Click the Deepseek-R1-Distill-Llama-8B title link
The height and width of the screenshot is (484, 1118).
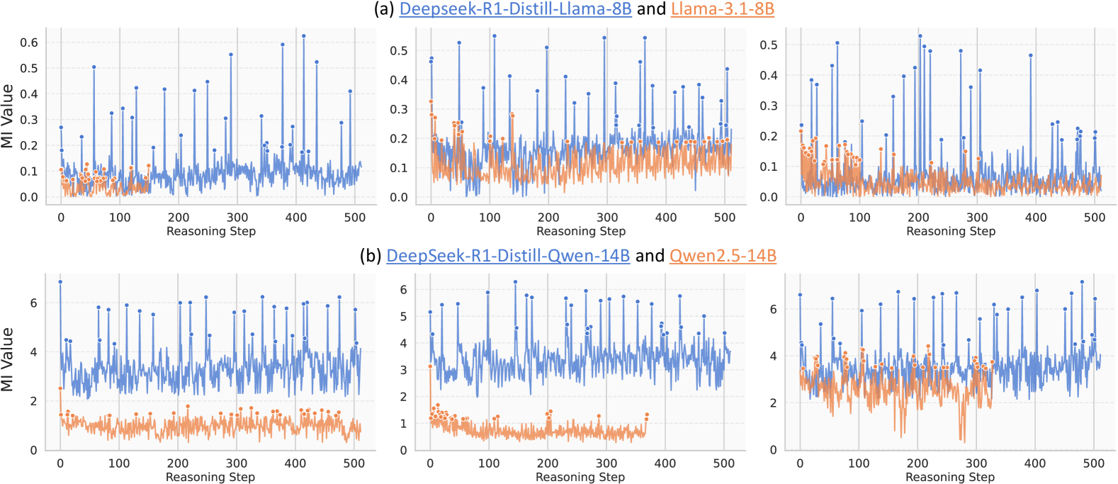515,9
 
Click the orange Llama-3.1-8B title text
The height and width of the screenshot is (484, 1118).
722,9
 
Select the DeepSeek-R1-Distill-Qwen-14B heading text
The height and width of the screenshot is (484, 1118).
507,256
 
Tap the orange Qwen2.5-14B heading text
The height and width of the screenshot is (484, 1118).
722,256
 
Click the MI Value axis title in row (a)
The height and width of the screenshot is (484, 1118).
8,116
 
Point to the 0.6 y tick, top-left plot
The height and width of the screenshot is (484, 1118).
29,43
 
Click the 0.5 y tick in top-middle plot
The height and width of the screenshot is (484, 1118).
399,51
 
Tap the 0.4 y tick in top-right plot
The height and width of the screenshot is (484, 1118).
769,75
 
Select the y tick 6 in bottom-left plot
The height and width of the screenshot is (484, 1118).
33,303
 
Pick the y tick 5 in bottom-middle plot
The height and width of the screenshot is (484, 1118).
403,316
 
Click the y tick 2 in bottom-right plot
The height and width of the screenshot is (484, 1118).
773,403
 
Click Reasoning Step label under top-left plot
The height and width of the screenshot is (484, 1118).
210,231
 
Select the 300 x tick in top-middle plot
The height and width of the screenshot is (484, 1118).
607,218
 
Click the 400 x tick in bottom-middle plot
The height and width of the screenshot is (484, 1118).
665,463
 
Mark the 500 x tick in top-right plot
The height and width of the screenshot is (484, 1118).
1095,218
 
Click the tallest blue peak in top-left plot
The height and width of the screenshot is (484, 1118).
304,35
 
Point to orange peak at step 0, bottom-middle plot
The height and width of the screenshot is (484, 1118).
430,366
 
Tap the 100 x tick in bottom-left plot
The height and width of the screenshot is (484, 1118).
119,463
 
